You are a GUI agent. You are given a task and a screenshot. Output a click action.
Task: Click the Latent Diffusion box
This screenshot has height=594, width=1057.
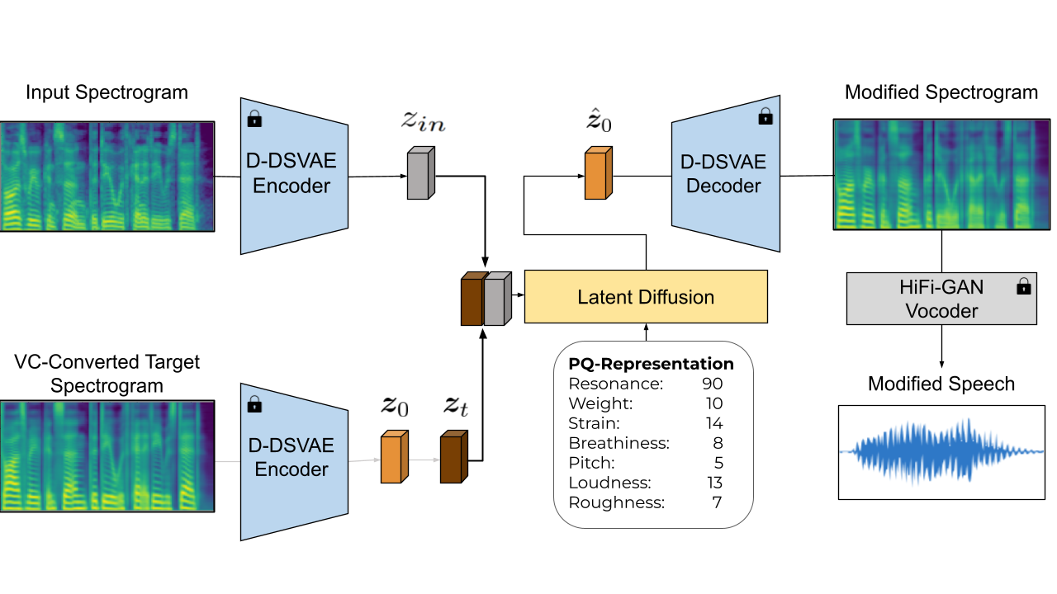coord(646,297)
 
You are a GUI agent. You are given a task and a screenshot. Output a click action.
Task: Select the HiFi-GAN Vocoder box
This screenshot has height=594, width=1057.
coord(941,299)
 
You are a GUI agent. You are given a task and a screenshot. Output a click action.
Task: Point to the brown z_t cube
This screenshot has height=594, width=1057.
coord(453,458)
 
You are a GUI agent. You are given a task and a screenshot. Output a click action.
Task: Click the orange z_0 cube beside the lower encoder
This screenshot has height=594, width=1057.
coord(393,458)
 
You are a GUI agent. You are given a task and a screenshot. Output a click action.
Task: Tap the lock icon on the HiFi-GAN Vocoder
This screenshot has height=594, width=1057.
coord(1024,286)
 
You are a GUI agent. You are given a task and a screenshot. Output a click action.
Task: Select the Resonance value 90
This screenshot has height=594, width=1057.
coord(713,384)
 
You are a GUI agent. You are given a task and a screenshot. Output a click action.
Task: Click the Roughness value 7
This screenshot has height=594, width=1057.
coord(718,502)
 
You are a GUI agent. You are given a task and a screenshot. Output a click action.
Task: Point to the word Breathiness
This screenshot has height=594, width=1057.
coord(619,443)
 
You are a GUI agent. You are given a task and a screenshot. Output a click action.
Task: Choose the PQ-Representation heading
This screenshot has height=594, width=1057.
coord(652,364)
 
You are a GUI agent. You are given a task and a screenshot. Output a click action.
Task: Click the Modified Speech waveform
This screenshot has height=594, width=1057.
coord(941,452)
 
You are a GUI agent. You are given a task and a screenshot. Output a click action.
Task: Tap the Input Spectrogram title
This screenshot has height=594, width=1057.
coord(107,92)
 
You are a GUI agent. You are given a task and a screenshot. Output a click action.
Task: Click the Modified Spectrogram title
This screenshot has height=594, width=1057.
coord(941,92)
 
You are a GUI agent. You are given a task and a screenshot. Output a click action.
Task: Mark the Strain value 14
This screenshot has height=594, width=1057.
coord(713,423)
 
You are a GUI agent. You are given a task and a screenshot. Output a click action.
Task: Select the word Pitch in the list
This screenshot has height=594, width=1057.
coord(592,463)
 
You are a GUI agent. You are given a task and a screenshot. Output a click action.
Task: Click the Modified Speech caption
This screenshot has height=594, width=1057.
coord(941,384)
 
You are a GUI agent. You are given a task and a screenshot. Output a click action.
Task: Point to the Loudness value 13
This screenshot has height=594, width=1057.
coord(713,483)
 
